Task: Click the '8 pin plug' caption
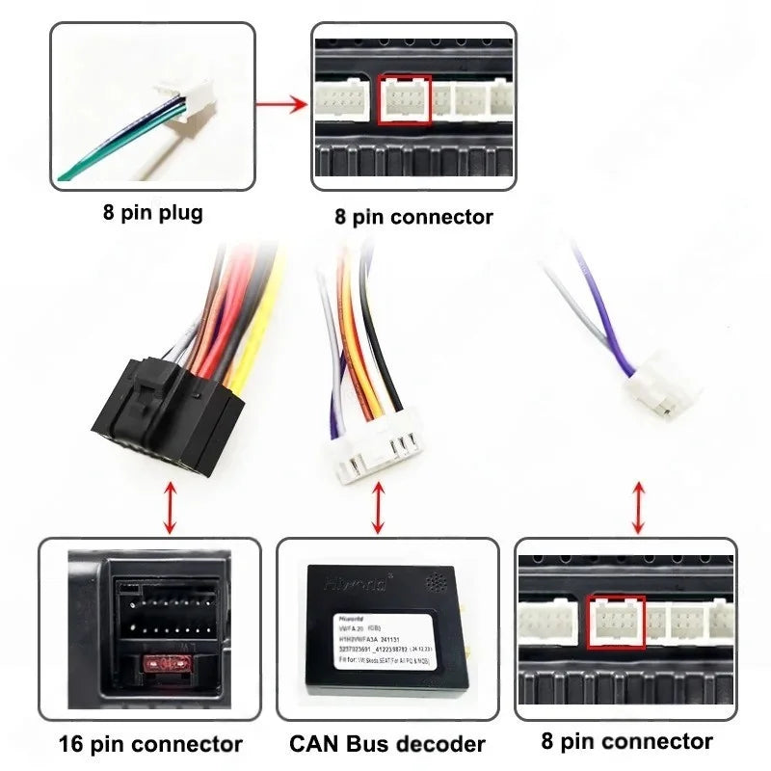point(153,211)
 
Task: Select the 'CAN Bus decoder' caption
point(387,744)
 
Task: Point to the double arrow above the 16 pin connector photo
point(171,507)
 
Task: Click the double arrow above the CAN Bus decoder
point(378,507)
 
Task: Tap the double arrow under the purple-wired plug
point(638,507)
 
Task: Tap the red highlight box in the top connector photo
point(405,99)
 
